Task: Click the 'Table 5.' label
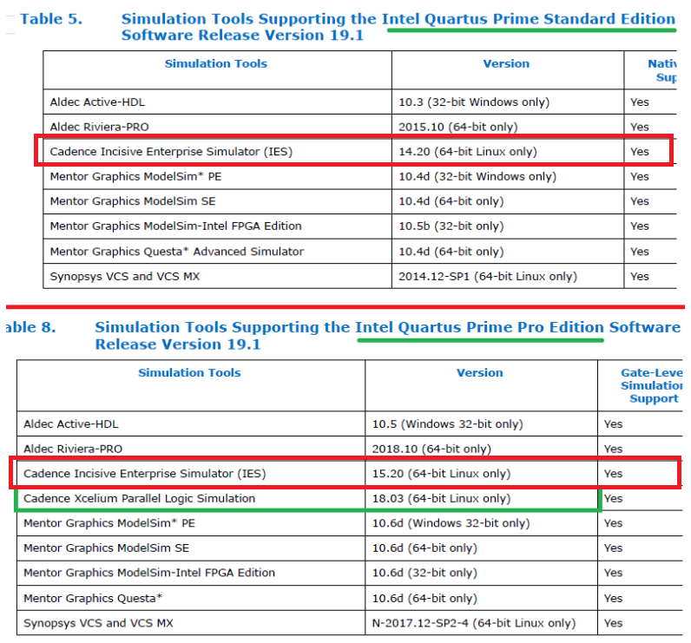(x=51, y=18)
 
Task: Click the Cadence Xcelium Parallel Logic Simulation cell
(x=140, y=499)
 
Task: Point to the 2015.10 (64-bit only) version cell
(x=451, y=127)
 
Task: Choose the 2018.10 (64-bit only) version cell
(x=424, y=449)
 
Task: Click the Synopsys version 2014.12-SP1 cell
(x=487, y=277)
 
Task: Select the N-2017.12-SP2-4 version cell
(x=473, y=623)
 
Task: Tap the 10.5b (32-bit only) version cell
(x=451, y=226)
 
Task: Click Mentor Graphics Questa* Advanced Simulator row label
(x=178, y=252)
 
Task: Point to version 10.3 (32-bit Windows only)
(x=474, y=102)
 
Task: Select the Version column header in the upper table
(x=506, y=63)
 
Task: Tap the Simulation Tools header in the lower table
(x=189, y=373)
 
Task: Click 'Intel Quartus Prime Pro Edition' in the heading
(x=479, y=328)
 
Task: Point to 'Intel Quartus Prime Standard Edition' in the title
(x=528, y=18)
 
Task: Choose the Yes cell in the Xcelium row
(x=613, y=499)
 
